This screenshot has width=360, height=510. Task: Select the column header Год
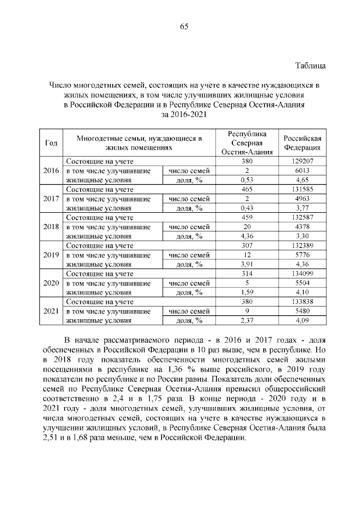coord(51,143)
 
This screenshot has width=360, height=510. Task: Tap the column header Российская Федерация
coord(301,143)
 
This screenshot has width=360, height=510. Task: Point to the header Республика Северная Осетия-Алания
coord(247,143)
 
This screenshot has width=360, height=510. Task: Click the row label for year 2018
coord(51,226)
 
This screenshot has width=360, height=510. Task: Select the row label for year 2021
coord(51,311)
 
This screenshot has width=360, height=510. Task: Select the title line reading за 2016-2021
coord(184,114)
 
